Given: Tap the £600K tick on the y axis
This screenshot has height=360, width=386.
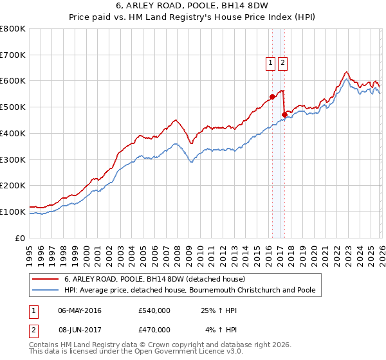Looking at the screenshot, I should [13, 81].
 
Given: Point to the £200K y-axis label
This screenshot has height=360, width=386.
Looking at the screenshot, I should [13, 186].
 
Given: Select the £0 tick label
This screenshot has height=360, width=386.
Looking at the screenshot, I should [20, 238].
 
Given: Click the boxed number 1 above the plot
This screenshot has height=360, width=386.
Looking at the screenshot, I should [270, 62].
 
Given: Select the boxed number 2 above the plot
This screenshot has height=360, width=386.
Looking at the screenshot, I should [283, 62].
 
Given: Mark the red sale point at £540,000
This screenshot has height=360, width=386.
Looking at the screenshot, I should [272, 96].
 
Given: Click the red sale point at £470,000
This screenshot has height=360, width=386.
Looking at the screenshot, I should [284, 114].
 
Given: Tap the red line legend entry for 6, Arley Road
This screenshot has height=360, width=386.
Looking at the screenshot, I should [154, 279].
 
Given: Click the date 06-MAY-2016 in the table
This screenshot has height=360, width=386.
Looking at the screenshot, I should [80, 310].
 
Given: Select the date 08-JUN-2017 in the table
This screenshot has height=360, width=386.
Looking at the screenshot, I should [80, 329].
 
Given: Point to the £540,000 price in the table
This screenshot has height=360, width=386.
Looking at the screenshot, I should [154, 310].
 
